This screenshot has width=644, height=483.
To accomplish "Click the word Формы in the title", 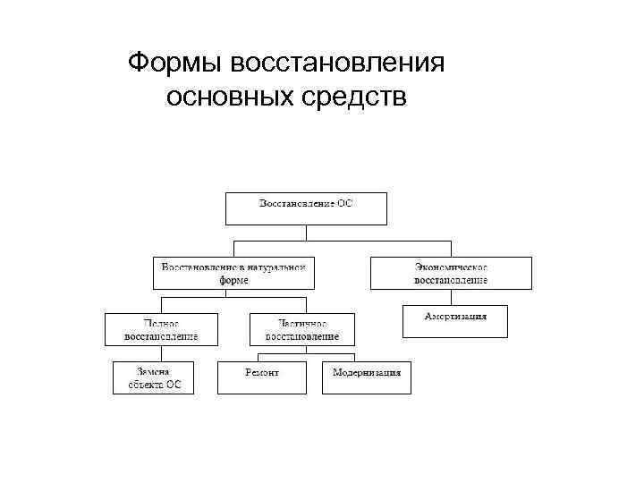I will [x=175, y=64].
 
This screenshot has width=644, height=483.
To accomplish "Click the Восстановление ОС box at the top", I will [x=306, y=208].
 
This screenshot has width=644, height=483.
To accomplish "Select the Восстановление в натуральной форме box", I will [x=233, y=273].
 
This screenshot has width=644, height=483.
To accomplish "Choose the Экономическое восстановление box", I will [x=451, y=273].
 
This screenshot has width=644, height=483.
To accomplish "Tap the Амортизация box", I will [x=455, y=321].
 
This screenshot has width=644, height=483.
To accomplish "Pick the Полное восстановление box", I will [x=161, y=329].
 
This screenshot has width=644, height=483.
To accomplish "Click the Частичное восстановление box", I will [x=302, y=329].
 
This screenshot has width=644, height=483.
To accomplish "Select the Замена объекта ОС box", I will [x=153, y=377].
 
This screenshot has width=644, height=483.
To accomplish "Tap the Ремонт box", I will [x=262, y=377].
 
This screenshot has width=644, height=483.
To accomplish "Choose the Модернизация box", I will [x=367, y=377].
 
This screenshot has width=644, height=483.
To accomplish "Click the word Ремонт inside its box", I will [x=262, y=371].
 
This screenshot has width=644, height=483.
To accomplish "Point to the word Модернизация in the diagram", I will [x=367, y=371].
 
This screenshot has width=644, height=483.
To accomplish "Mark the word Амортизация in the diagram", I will [x=455, y=318].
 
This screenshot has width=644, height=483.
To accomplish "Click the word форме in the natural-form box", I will [x=233, y=280].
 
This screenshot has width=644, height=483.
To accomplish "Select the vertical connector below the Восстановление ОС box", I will [x=306, y=232].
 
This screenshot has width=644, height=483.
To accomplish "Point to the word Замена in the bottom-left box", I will [x=153, y=370].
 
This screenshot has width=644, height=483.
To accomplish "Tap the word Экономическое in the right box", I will [x=451, y=267].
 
